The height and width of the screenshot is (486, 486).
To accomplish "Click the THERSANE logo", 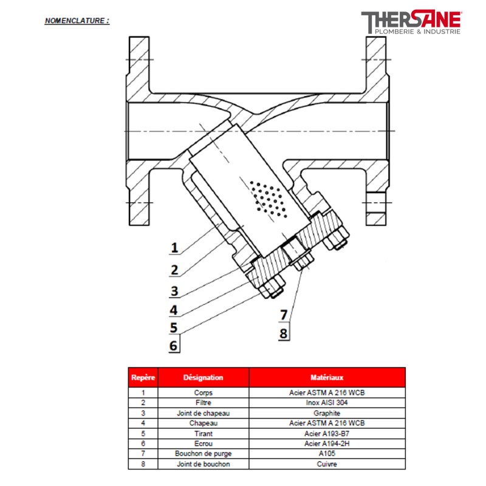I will [x=411, y=22].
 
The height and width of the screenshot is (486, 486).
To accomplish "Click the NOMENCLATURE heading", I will [x=77, y=20].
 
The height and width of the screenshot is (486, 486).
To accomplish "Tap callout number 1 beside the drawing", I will [x=174, y=248].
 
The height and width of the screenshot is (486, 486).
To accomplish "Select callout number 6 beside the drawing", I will [x=174, y=346].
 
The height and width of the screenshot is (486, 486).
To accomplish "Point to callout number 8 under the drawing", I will [x=283, y=333].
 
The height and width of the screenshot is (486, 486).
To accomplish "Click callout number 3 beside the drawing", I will [x=174, y=290].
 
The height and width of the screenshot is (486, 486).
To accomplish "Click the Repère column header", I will [x=143, y=377].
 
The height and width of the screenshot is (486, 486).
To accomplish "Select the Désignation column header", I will [x=203, y=377].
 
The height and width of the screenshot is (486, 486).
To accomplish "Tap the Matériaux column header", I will [x=327, y=377].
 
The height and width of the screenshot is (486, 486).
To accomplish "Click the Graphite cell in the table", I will [x=327, y=412].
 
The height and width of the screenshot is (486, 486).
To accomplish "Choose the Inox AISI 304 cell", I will [x=327, y=402].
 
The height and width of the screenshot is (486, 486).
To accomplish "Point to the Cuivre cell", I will [x=327, y=464].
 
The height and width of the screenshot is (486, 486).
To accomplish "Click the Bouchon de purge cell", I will [x=203, y=454].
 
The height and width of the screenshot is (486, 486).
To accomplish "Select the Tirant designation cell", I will [x=203, y=433].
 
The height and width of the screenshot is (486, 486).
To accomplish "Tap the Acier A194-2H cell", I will [x=327, y=443].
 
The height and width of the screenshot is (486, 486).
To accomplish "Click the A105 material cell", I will [x=327, y=454].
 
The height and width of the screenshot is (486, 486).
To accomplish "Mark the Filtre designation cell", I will [x=203, y=402].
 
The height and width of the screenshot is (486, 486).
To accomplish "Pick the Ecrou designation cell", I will [x=203, y=443].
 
